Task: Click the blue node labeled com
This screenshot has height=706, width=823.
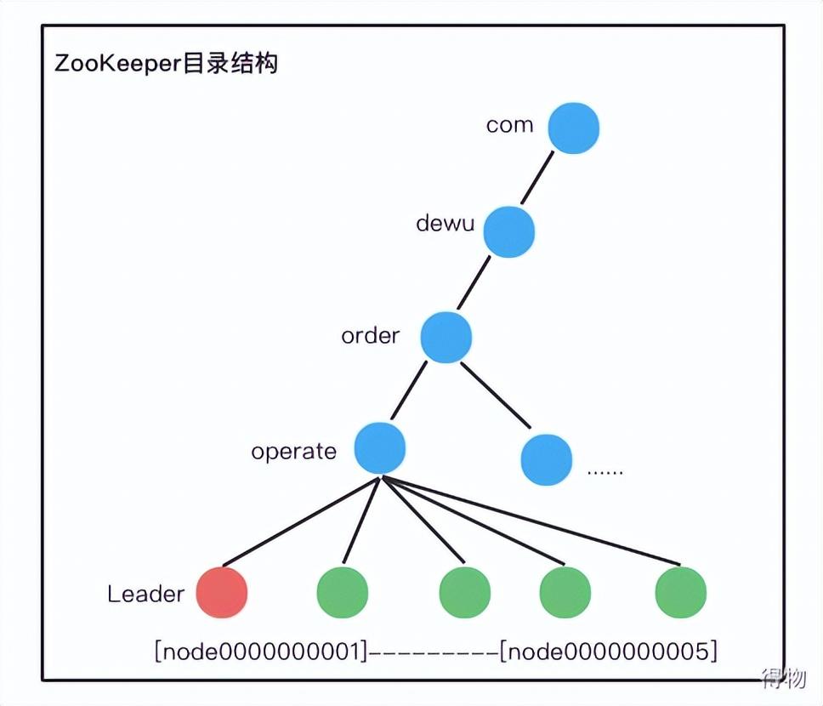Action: pyautogui.click(x=573, y=128)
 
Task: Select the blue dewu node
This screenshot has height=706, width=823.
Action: pyautogui.click(x=509, y=231)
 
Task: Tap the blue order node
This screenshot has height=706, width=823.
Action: pyautogui.click(x=446, y=337)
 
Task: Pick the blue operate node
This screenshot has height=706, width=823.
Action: pyautogui.click(x=379, y=448)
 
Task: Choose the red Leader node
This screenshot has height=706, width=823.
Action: pyautogui.click(x=222, y=592)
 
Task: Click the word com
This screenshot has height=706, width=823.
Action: pyautogui.click(x=509, y=125)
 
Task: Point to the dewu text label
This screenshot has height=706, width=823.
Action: pyautogui.click(x=446, y=224)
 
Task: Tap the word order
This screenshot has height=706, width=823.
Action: pyautogui.click(x=370, y=336)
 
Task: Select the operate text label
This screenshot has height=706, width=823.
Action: pyautogui.click(x=293, y=451)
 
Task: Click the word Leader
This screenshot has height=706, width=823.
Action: pyautogui.click(x=145, y=594)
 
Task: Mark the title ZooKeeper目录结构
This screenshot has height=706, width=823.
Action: pyautogui.click(x=166, y=64)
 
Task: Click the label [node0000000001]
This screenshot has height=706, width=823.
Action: pyautogui.click(x=263, y=652)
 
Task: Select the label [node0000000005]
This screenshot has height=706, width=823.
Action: pyautogui.click(x=609, y=652)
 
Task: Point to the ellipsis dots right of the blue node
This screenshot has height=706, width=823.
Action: pyautogui.click(x=605, y=470)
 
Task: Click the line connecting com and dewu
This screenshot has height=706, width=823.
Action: pyautogui.click(x=537, y=179)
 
